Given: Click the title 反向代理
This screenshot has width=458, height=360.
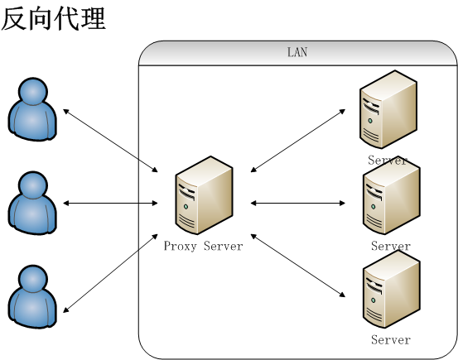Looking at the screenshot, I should click(54, 17).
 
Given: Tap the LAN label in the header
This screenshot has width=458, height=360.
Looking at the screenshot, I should click(296, 52).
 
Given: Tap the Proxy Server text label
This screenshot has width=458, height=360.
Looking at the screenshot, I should click(203, 246).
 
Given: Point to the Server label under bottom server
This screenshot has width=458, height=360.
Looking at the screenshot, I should click(391, 340).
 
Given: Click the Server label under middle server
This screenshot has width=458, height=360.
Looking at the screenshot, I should click(391, 246).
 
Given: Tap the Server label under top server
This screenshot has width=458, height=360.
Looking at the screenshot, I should click(388, 160).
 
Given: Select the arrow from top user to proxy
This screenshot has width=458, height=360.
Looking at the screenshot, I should click(110, 140).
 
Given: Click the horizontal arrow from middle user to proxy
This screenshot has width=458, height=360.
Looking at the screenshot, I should click(110, 203).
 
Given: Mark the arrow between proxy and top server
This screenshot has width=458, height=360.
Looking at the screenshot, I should click(297, 140).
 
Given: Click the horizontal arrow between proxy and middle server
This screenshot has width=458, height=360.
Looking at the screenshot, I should click(297, 203).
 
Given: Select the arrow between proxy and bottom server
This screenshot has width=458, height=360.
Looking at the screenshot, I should click(297, 266).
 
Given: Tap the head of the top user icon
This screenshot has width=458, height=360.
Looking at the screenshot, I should click(32, 91).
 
